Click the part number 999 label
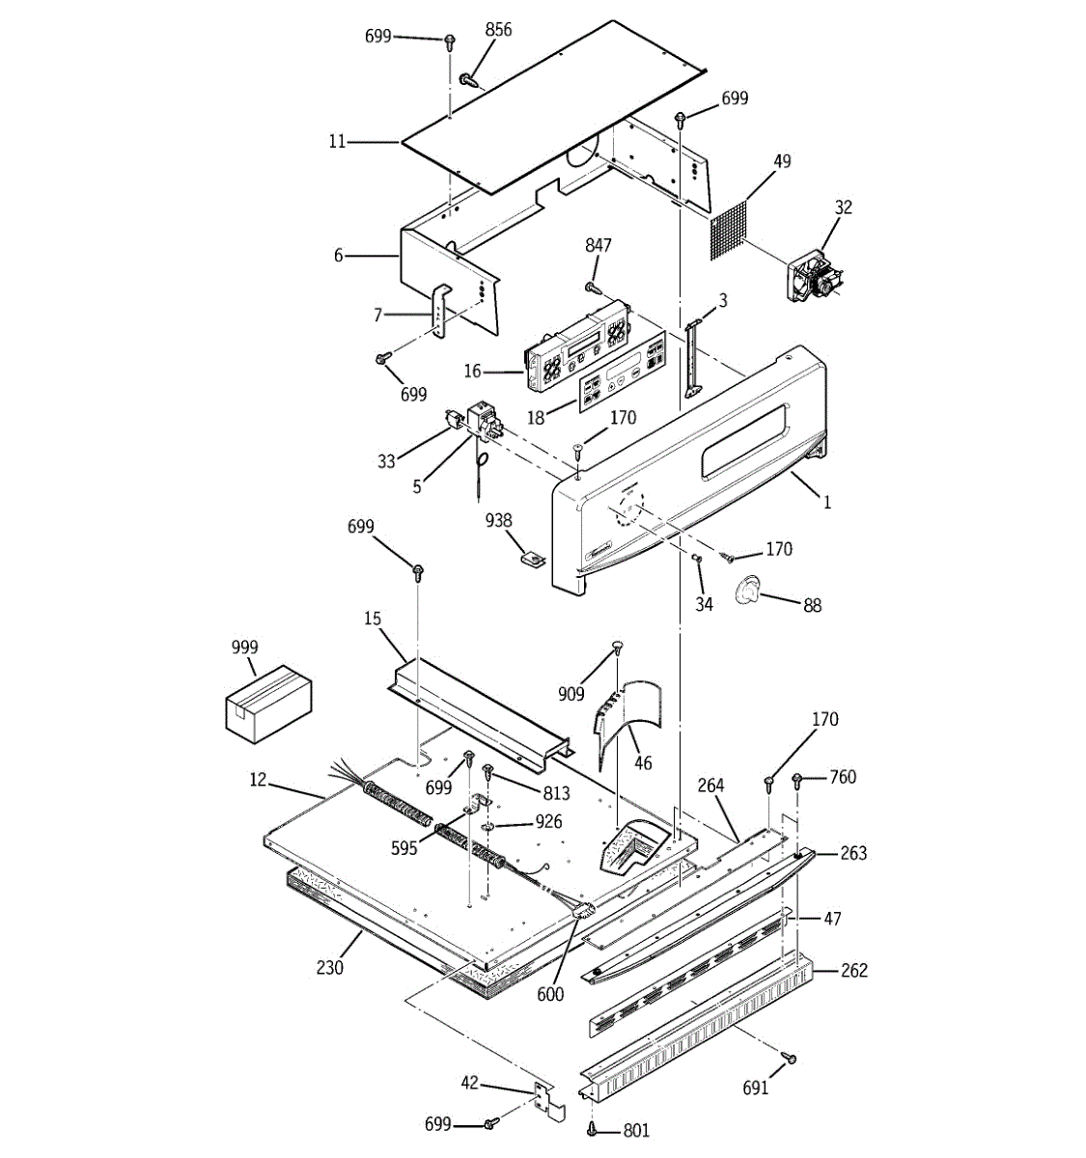pyautogui.click(x=245, y=648)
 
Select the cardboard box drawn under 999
pyautogui.click(x=269, y=703)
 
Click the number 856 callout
pyautogui.click(x=498, y=30)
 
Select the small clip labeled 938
pyautogui.click(x=529, y=557)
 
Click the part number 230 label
pyautogui.click(x=330, y=966)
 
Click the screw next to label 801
pyautogui.click(x=591, y=1128)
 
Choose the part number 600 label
pyautogui.click(x=550, y=995)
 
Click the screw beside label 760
pyautogui.click(x=798, y=780)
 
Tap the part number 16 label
pyautogui.click(x=472, y=372)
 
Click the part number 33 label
pyautogui.click(x=387, y=461)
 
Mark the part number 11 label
pyautogui.click(x=337, y=142)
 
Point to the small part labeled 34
pyautogui.click(x=696, y=560)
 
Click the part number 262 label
pyautogui.click(x=853, y=970)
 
